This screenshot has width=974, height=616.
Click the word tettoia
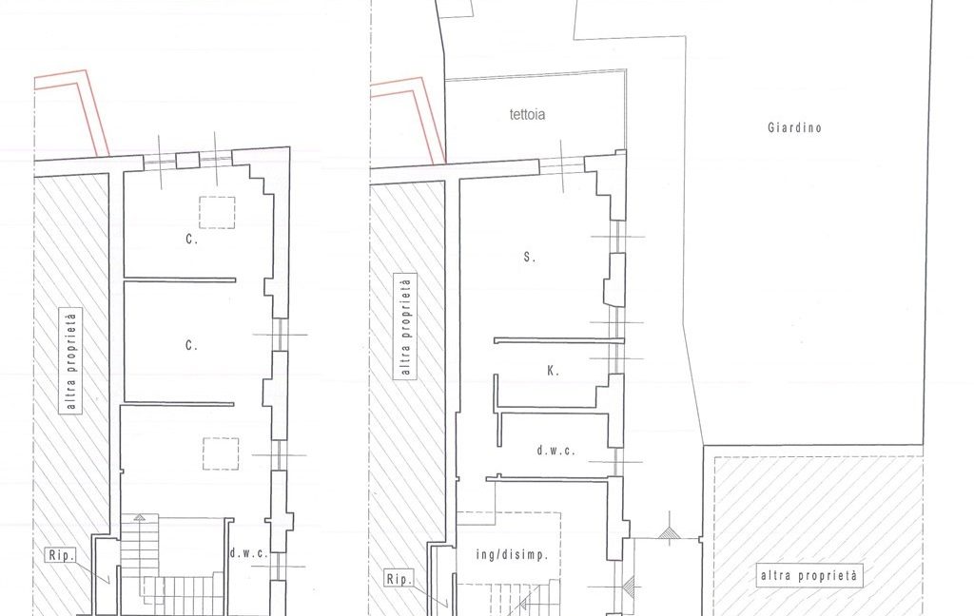[x=527, y=114]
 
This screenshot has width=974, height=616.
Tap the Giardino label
[x=794, y=128]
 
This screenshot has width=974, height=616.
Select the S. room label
[x=529, y=257]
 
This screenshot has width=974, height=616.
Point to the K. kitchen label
[x=553, y=371]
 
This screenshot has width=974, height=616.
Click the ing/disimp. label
[x=513, y=554]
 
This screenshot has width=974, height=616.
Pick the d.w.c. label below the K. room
[x=555, y=451]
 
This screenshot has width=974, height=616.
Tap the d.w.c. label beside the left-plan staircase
[x=248, y=553]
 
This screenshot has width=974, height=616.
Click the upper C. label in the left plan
[x=191, y=239]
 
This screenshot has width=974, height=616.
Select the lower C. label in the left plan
[x=191, y=345]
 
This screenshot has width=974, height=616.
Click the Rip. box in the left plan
[x=62, y=554]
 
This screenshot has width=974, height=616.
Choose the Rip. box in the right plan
[x=399, y=579]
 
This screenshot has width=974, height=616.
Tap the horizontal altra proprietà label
[x=808, y=576]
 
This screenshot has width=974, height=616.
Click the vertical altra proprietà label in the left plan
[x=71, y=361]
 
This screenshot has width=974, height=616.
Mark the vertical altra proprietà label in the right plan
[x=405, y=327]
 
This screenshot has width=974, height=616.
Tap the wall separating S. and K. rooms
[x=558, y=341]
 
